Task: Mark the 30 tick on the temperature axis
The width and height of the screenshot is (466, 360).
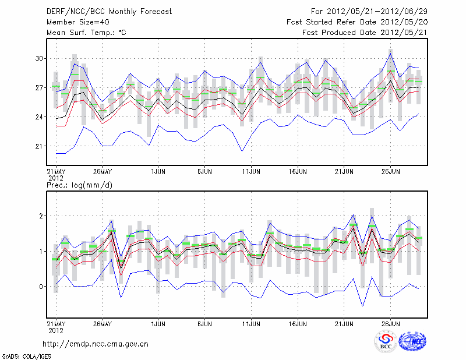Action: click(x=40, y=58)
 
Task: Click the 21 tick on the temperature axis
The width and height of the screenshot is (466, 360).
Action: click(x=40, y=146)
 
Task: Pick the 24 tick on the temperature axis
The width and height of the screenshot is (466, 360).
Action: click(x=40, y=117)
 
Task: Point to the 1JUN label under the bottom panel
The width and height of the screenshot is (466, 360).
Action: click(x=158, y=323)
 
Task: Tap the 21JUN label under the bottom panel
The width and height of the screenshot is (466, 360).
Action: click(x=344, y=323)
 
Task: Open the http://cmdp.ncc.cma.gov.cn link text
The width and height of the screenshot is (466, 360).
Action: click(x=96, y=344)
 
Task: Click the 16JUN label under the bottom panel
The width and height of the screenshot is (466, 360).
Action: click(x=298, y=323)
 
